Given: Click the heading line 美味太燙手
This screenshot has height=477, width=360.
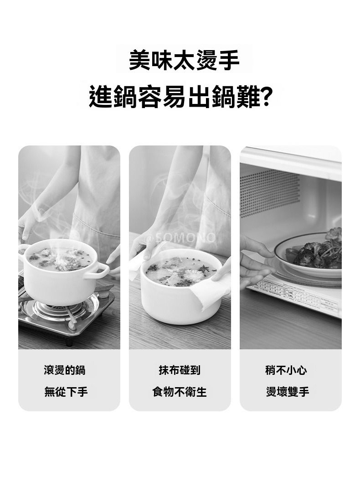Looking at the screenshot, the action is pyautogui.click(x=184, y=60).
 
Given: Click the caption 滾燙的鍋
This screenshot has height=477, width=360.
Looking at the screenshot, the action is pyautogui.click(x=64, y=370).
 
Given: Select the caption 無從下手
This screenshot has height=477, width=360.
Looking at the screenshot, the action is pyautogui.click(x=66, y=391).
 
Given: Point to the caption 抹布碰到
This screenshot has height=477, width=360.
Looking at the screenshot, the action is pyautogui.click(x=180, y=370).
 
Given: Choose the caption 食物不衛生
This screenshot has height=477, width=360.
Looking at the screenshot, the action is pyautogui.click(x=180, y=391).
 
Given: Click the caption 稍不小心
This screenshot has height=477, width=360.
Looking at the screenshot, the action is pyautogui.click(x=286, y=370).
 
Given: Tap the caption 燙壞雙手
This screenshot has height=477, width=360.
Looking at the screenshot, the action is pyautogui.click(x=288, y=391).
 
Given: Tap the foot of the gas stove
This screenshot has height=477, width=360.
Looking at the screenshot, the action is pyautogui.click(x=69, y=341).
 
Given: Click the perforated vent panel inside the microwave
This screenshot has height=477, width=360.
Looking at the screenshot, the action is pyautogui.click(x=269, y=193).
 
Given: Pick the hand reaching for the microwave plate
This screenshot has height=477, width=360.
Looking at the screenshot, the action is pyautogui.click(x=255, y=262).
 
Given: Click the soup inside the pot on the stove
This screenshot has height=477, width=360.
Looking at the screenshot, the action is pyautogui.click(x=60, y=259).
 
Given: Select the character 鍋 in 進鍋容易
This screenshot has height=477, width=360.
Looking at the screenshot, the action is pyautogui.click(x=125, y=97).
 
